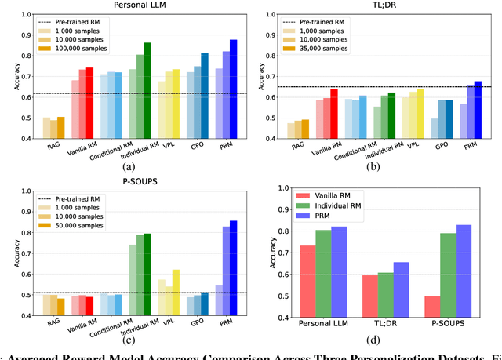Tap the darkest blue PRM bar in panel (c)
click(x=234, y=267)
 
